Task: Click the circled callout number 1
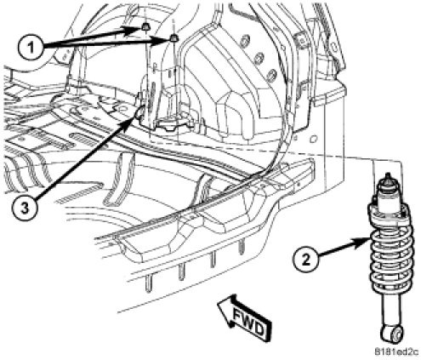click(x=31, y=48)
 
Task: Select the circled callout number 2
click(x=305, y=260)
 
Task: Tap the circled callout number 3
click(x=25, y=209)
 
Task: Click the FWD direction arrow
click(x=245, y=317)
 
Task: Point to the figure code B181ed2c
click(x=396, y=352)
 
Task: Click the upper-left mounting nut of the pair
click(x=145, y=26)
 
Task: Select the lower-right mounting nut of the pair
click(x=174, y=37)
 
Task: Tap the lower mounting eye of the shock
click(x=391, y=334)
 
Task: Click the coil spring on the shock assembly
click(x=390, y=249)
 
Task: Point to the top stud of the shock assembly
click(x=388, y=177)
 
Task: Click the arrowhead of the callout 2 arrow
click(x=363, y=242)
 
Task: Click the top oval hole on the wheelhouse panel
click(x=245, y=41)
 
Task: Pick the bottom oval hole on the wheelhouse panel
click(x=271, y=74)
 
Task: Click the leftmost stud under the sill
click(x=148, y=283)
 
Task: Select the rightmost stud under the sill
click(x=242, y=246)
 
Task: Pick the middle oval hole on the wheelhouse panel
click(x=259, y=59)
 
